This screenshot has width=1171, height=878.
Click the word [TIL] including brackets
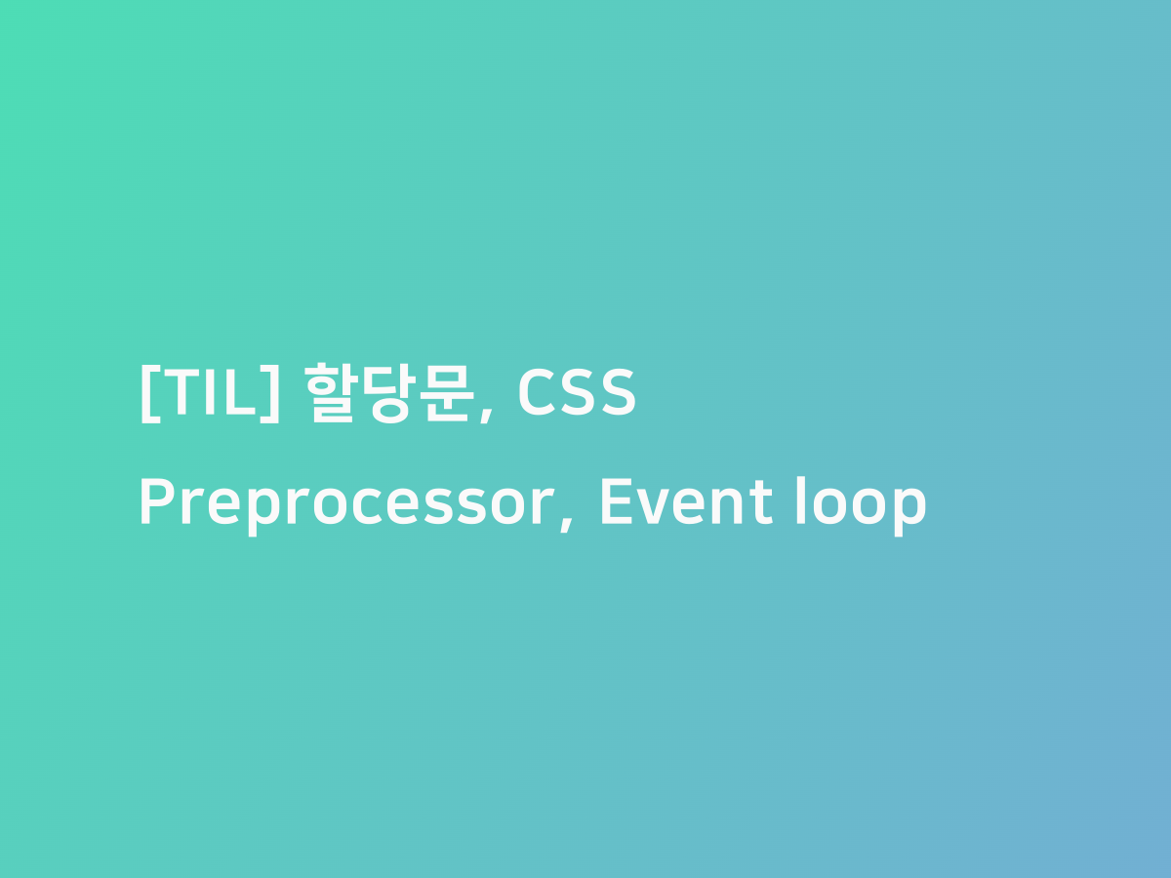click(210, 393)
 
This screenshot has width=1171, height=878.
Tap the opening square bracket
click(147, 393)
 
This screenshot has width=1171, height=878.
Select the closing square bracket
click(272, 393)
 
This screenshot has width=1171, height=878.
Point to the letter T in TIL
click(176, 393)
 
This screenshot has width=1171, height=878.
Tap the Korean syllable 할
click(333, 393)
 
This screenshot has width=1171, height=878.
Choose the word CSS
click(576, 393)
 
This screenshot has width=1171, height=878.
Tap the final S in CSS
click(617, 393)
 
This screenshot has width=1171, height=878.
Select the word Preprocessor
click(347, 504)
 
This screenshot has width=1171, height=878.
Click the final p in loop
click(909, 509)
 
